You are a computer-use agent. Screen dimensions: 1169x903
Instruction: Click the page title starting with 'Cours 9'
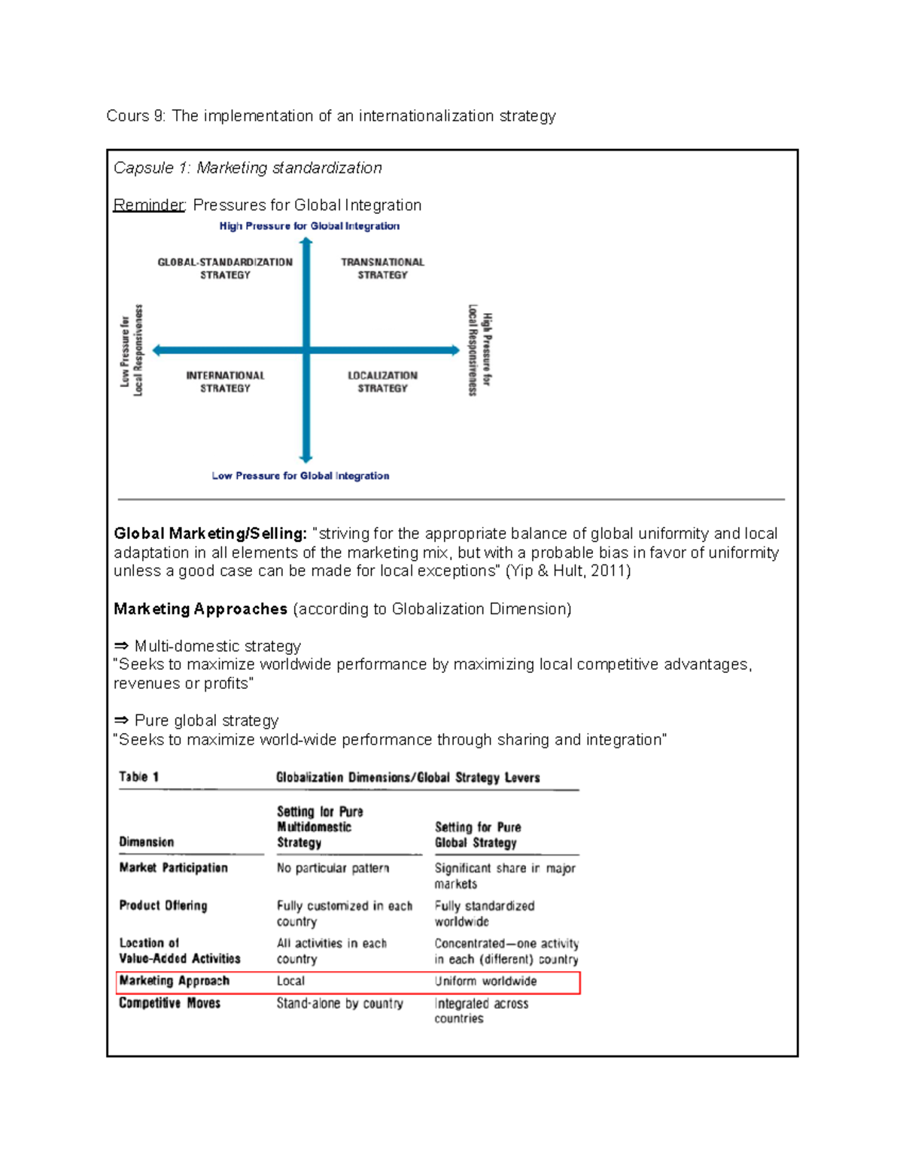330,116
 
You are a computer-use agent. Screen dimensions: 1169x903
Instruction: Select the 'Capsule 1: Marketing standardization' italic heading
248,168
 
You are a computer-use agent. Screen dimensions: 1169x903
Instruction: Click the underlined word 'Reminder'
149,205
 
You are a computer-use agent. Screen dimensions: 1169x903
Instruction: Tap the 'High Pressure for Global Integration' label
309,226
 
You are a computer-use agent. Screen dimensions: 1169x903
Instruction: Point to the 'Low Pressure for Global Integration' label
300,476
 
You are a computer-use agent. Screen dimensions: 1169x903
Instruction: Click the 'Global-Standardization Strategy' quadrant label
225,269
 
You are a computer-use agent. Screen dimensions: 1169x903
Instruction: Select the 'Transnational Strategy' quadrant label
382,269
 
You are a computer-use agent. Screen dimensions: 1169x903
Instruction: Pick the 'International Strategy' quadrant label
225,382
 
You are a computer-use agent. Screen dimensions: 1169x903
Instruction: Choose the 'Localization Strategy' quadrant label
382,382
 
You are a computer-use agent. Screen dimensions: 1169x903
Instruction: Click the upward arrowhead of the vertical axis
306,242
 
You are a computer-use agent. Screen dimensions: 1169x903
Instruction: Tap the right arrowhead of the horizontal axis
455,350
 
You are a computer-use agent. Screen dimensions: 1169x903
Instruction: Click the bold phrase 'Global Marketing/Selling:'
210,534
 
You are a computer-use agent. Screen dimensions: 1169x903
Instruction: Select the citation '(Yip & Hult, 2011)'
567,571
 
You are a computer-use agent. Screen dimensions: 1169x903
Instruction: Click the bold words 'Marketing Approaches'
200,609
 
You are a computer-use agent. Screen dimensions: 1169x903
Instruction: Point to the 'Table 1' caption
138,777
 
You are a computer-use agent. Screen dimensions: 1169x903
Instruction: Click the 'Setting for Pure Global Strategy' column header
478,835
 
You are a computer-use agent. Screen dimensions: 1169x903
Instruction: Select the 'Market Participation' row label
173,868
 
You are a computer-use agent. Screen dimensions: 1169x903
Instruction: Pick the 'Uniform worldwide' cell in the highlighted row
485,982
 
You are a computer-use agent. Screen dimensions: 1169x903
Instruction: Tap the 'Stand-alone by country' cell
339,1003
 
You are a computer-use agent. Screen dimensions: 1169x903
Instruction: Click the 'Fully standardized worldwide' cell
484,914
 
